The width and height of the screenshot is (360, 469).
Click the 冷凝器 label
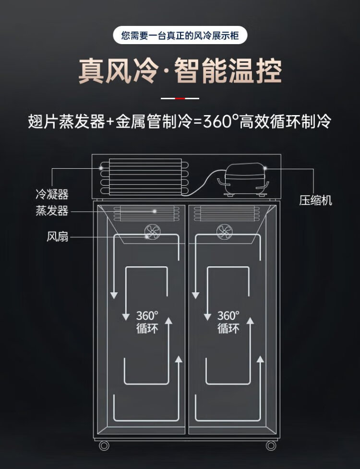click(x=51, y=194)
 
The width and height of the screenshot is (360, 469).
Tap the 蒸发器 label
click(x=51, y=211)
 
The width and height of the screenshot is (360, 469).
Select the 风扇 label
click(x=57, y=236)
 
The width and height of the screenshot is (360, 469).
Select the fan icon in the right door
click(x=223, y=232)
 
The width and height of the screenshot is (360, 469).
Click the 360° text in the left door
click(x=147, y=316)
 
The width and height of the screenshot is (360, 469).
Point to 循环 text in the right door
click(x=228, y=329)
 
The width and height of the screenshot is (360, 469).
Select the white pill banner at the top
click(x=180, y=35)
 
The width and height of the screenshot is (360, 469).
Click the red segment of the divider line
click(x=180, y=98)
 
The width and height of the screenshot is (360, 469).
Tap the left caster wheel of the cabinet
click(x=104, y=445)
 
